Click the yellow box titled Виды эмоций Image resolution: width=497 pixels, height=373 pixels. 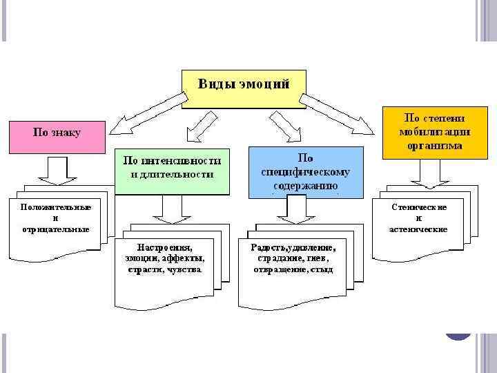pos(244,88)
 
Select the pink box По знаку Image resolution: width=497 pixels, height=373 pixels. pos(57,136)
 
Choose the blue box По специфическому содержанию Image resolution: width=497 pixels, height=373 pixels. pos(305,171)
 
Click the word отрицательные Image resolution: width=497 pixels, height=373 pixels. pos(55,229)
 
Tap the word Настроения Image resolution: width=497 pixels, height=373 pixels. pos(165,247)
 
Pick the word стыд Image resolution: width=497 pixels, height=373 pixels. pos(322,269)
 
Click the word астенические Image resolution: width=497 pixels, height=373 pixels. pos(418,229)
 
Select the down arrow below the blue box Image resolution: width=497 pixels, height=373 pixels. pos(295,209)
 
